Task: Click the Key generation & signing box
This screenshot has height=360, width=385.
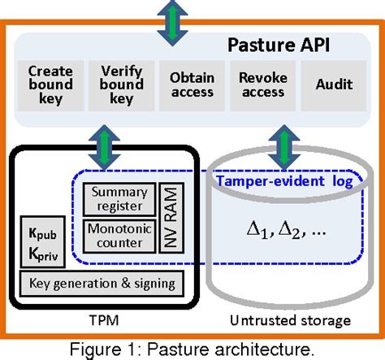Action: [102, 283]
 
